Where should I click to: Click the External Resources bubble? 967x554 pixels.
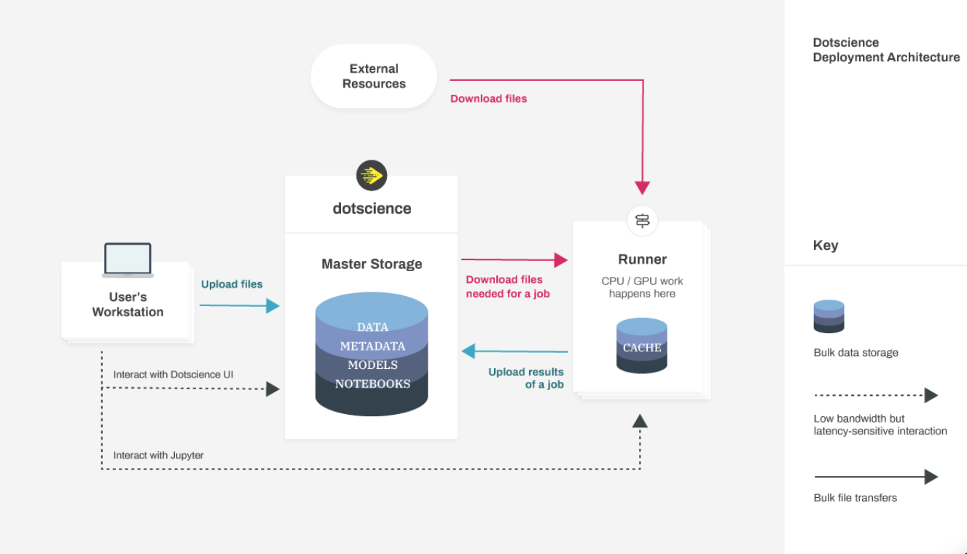tap(373, 77)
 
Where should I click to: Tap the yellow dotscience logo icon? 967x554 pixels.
tap(372, 176)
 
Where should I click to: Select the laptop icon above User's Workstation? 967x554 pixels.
tap(128, 260)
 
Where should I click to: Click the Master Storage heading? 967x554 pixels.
tap(372, 264)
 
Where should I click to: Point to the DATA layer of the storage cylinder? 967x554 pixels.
tap(372, 326)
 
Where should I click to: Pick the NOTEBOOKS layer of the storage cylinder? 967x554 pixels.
tap(372, 383)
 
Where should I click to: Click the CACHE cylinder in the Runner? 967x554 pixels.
tap(642, 346)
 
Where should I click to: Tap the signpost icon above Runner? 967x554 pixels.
tap(642, 220)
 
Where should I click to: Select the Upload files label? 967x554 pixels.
tap(232, 284)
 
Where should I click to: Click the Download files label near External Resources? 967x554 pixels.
tap(488, 98)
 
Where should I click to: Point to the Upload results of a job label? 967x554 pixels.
tap(526, 378)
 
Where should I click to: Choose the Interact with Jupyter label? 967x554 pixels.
tap(158, 456)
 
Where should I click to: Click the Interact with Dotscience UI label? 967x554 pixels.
tap(173, 375)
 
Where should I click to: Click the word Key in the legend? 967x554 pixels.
tap(826, 246)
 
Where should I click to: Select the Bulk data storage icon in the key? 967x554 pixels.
tap(829, 316)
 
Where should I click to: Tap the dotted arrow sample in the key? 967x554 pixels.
tap(875, 396)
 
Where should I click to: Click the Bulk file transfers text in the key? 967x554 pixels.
tap(855, 498)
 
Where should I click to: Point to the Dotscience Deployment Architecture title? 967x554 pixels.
tap(886, 50)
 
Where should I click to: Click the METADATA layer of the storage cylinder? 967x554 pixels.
tap(372, 346)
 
